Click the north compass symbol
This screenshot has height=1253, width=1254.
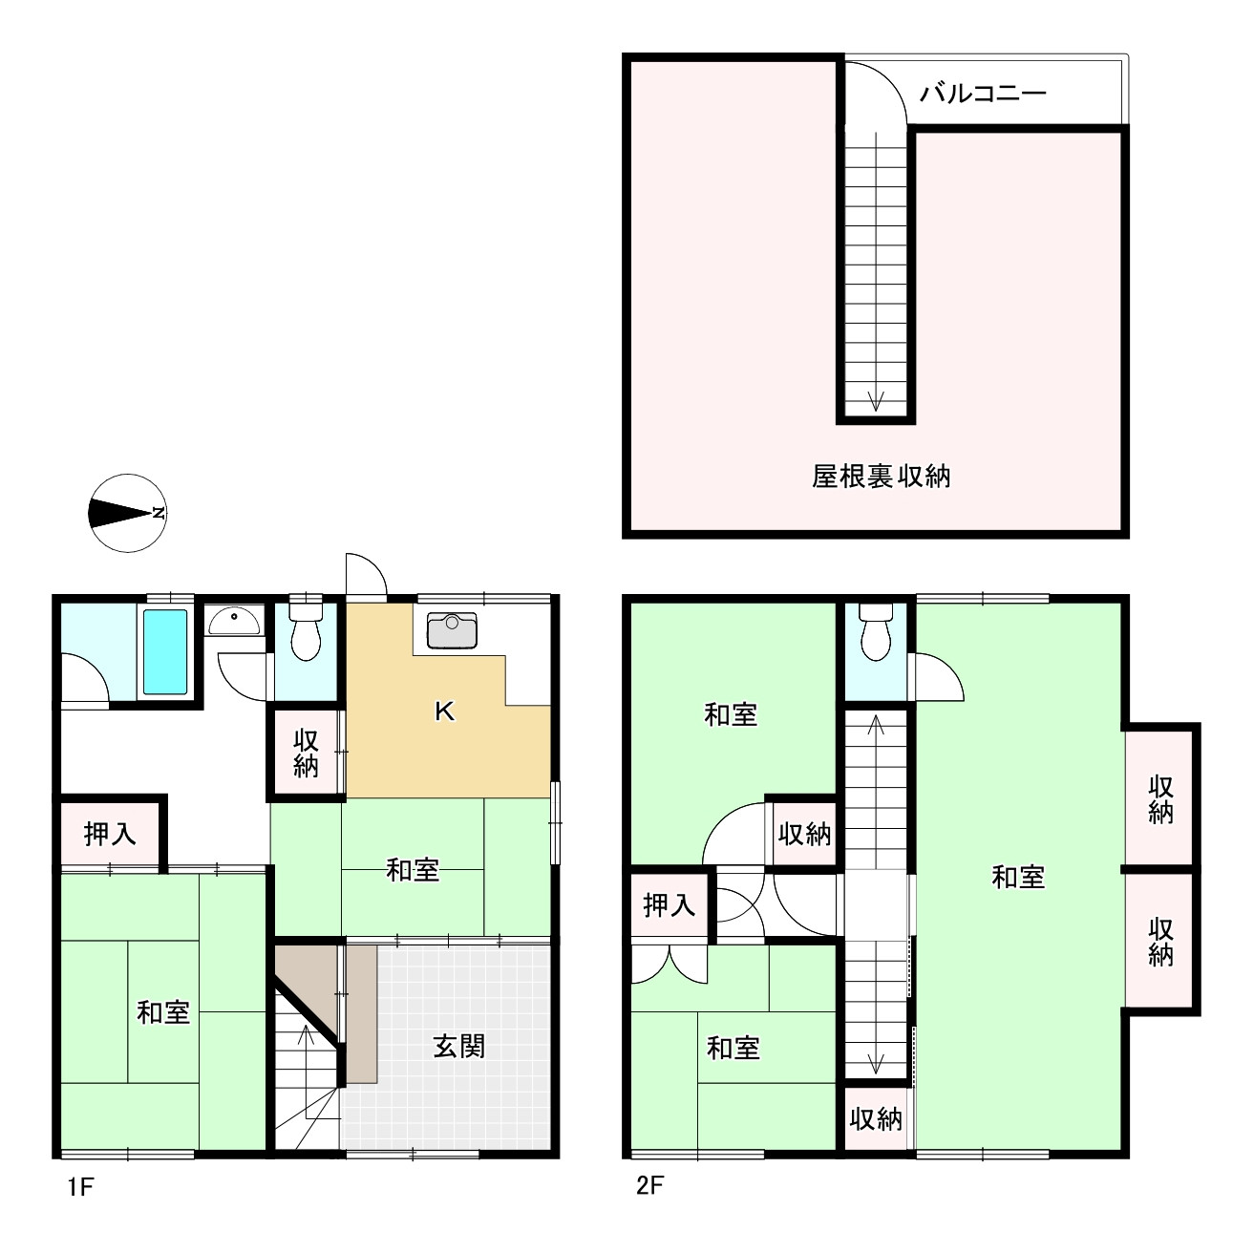pos(127,513)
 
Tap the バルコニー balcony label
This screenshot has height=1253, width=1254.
pos(983,94)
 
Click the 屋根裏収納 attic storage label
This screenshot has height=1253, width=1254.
pos(881,476)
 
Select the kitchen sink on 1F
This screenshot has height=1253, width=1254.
pos(452,630)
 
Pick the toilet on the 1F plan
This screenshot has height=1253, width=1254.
pos(306,629)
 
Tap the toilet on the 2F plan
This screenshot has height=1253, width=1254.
pos(875,631)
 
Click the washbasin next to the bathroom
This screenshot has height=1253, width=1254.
pos(234,622)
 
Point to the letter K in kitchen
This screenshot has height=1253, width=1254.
pos(444,711)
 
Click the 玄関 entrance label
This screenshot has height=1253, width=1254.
pos(459,1046)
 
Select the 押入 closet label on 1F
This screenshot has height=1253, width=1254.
pos(110,834)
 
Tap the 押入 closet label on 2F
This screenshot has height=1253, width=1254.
pos(669,904)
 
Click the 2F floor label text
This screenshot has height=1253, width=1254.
pos(649,1187)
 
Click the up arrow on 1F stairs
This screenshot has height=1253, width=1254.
pos(306,1035)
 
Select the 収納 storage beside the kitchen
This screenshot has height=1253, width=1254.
pos(306,753)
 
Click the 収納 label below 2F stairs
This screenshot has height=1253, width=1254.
pos(875,1118)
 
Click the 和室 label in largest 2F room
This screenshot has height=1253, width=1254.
pos(1018,877)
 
